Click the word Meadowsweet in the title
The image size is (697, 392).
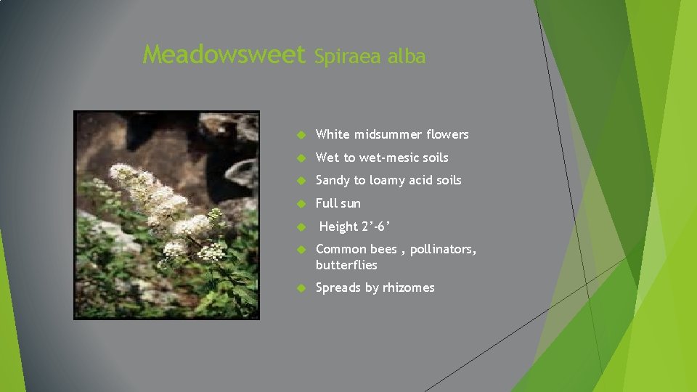(x=224, y=54)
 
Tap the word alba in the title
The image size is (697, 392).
(x=407, y=57)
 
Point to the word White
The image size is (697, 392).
(x=333, y=134)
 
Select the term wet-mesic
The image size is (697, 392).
(x=388, y=158)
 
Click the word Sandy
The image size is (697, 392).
(x=333, y=180)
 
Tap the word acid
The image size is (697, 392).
(x=426, y=180)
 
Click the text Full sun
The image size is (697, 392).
(x=338, y=203)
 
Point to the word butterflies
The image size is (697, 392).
(x=346, y=265)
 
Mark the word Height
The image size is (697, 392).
(x=338, y=226)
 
